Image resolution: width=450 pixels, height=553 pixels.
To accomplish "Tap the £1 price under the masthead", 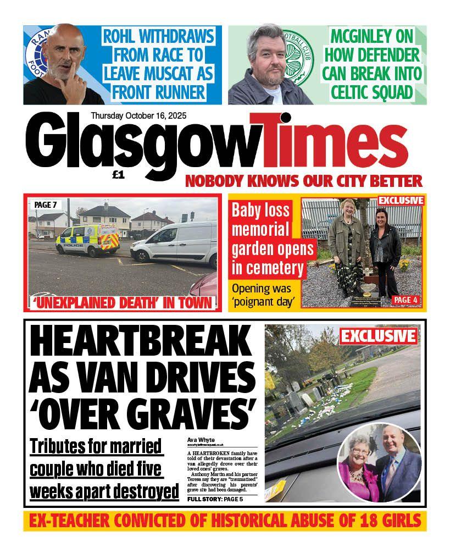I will click(x=119, y=175).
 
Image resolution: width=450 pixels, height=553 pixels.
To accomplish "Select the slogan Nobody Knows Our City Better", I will click(x=303, y=180).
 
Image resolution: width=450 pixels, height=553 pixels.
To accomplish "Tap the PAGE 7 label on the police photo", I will click(x=46, y=204).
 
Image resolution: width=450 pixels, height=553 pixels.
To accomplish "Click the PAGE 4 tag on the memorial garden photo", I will click(x=406, y=300).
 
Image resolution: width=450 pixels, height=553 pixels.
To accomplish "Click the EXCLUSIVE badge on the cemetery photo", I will click(x=378, y=335).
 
